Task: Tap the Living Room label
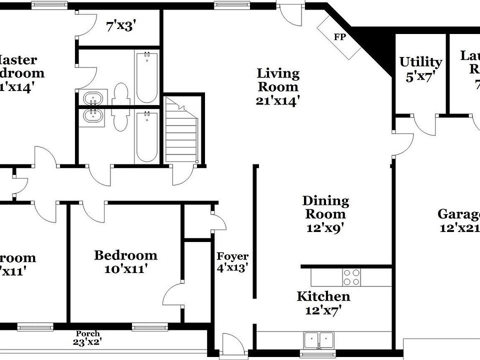click(x=278, y=80)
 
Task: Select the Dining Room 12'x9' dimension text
click(x=325, y=228)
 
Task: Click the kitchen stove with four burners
click(x=351, y=277)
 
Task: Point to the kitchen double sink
click(x=319, y=340)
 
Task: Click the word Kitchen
click(x=323, y=296)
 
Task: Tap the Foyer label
click(x=232, y=256)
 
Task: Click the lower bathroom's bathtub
click(x=146, y=136)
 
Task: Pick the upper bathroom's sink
click(x=93, y=98)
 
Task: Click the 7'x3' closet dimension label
click(x=119, y=26)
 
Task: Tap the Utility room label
click(x=420, y=62)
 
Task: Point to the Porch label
click(x=88, y=333)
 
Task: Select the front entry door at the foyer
click(x=230, y=346)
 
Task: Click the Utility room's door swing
click(x=423, y=125)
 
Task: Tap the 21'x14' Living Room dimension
click(x=278, y=101)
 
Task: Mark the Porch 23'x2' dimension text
click(x=88, y=342)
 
